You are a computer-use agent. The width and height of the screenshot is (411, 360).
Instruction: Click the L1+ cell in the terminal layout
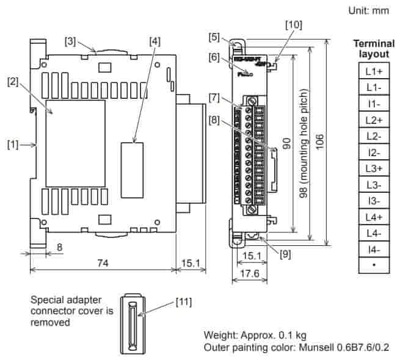point(374,71)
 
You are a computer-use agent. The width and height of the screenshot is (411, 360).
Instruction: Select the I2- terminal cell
point(374,153)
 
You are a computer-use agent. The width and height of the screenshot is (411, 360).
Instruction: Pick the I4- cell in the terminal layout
point(374,250)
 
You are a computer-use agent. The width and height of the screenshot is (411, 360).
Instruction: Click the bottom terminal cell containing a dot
point(374,265)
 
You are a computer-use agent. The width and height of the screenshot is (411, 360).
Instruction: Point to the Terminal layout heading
point(374,48)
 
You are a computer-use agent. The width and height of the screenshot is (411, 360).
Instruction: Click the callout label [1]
point(13,145)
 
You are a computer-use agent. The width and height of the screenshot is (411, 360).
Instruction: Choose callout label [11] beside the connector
point(185,301)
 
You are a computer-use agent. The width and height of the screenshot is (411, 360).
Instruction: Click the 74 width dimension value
point(101,262)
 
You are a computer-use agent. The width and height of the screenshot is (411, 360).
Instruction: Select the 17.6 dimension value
point(250,273)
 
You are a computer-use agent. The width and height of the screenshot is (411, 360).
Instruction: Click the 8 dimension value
point(59,247)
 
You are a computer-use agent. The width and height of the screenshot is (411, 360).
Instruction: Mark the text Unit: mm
point(368,10)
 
